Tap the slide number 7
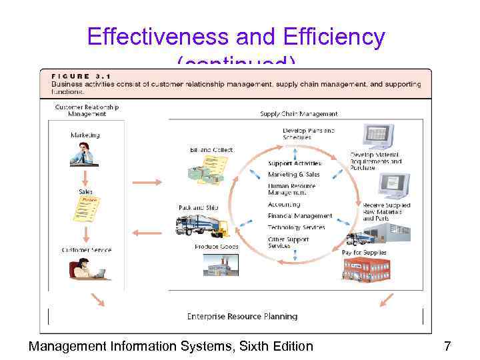(447, 346)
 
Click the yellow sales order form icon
(86, 208)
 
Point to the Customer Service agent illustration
(85, 269)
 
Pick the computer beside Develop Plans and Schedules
(378, 137)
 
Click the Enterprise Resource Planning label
(242, 316)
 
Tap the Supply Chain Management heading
(299, 114)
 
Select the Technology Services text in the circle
(297, 227)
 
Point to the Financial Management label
(300, 216)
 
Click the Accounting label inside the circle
(284, 205)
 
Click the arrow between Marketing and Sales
(85, 177)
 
